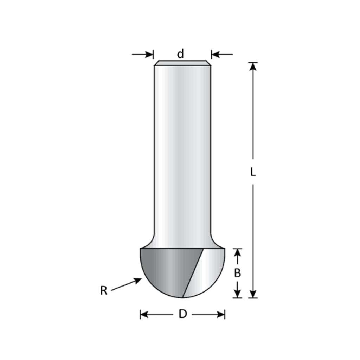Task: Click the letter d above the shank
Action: point(181,54)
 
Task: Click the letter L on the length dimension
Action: point(253,172)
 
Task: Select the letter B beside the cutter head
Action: point(237,273)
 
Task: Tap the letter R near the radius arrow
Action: point(104,290)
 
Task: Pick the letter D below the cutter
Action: point(183,314)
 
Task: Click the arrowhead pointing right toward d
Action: point(149,54)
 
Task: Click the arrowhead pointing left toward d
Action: point(215,54)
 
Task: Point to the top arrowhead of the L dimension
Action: point(253,66)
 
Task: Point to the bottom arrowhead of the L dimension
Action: point(253,294)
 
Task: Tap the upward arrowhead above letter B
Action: point(238,252)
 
